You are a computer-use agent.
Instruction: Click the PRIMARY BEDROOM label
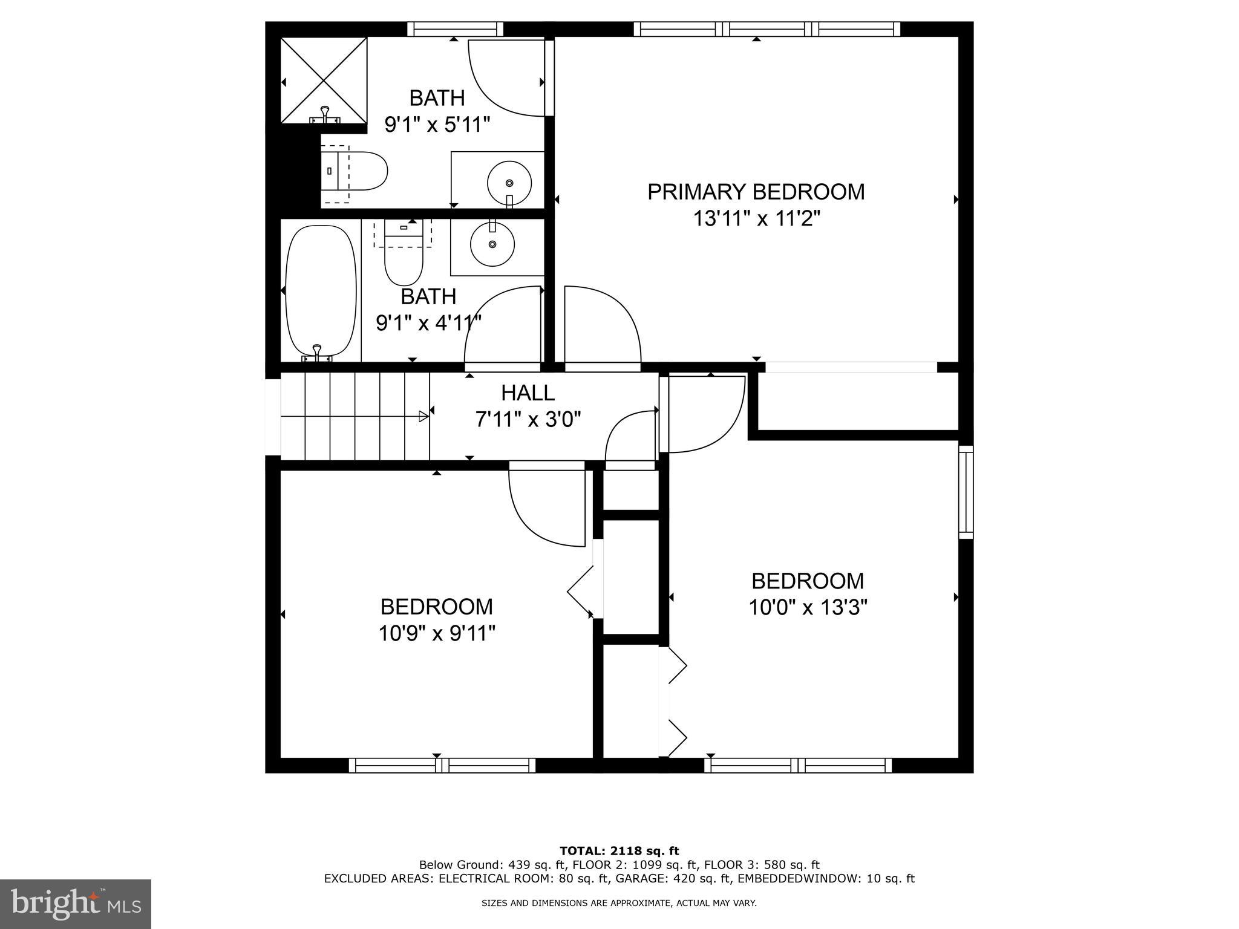pos(756,192)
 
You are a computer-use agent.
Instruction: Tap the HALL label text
pos(528,393)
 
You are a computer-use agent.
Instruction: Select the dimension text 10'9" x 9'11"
pos(437,633)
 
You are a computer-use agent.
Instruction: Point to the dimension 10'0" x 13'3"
pos(808,607)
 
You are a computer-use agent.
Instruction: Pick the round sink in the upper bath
pos(509,182)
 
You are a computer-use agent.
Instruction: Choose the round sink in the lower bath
pos(492,244)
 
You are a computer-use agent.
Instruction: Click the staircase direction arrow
pos(423,416)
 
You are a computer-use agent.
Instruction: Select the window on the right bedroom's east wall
pos(966,492)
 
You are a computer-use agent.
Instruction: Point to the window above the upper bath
pos(455,29)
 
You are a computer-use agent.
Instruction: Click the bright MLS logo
pos(76,904)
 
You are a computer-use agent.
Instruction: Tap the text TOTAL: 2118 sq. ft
pos(619,852)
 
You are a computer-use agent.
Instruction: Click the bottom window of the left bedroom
pos(442,765)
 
